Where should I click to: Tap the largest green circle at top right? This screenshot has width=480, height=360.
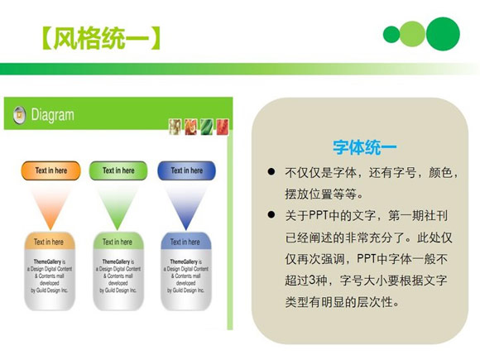coord(443,33)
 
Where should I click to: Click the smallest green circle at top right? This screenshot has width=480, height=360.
coord(391,34)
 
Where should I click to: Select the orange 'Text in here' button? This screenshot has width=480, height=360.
coord(50,170)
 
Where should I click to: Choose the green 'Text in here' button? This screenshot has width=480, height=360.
coord(118,170)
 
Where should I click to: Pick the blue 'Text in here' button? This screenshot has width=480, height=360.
coord(186,170)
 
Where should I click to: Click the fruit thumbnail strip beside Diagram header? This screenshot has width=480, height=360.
coord(198,126)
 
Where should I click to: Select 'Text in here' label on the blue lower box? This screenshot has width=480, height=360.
coord(186,242)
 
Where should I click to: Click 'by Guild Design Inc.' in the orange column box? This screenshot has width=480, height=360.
coord(50,291)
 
